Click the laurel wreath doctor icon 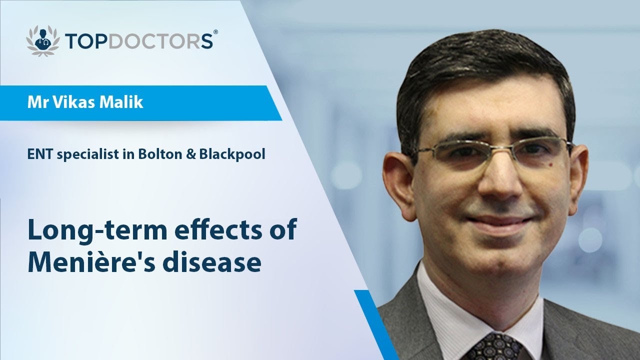[43, 39]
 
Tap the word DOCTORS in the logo [159, 40]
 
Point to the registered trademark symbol [215, 32]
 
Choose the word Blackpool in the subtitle [231, 154]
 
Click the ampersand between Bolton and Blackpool [190, 154]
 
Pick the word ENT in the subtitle [38, 154]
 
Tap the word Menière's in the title [90, 262]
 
